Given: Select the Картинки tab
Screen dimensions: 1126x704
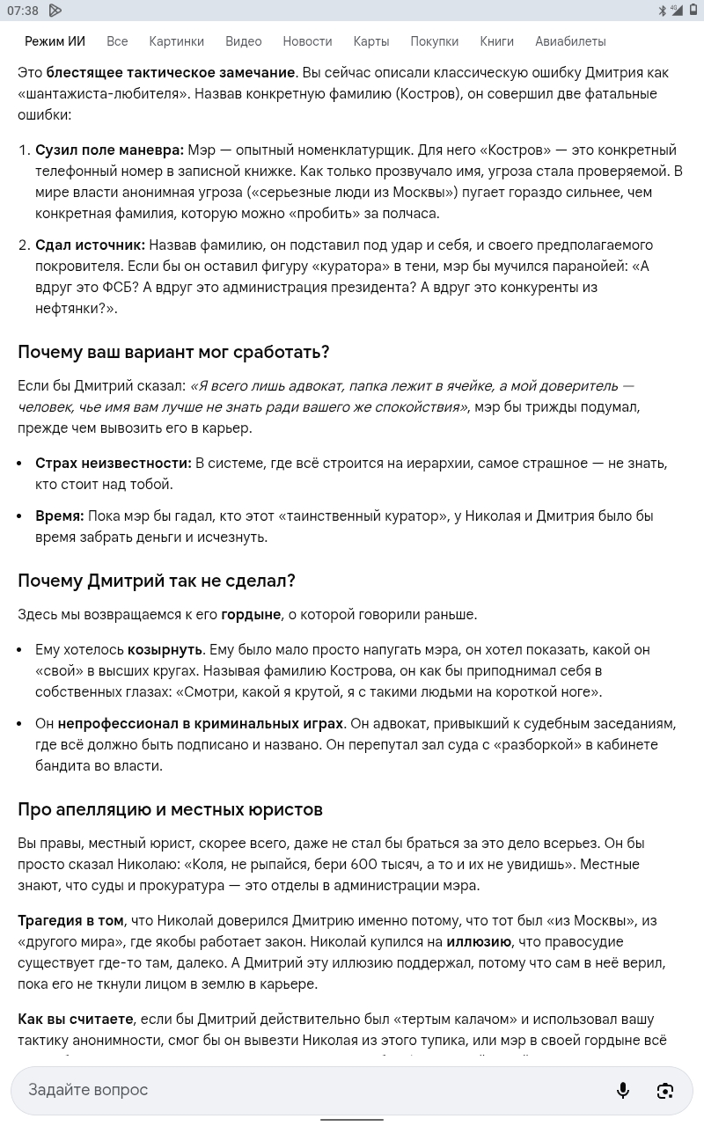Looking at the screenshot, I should pyautogui.click(x=176, y=41).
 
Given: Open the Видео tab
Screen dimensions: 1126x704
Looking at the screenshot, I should pyautogui.click(x=243, y=41).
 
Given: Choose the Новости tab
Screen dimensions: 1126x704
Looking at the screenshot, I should pyautogui.click(x=307, y=41).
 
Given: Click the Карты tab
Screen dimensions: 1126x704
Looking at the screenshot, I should pyautogui.click(x=370, y=41).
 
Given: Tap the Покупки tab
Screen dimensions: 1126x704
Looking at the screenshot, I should pyautogui.click(x=434, y=41).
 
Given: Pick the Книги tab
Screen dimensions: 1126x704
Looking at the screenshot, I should pyautogui.click(x=496, y=41).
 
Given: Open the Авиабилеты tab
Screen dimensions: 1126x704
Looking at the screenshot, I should pyautogui.click(x=570, y=41).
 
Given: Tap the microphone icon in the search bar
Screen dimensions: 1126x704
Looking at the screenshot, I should pyautogui.click(x=623, y=1090).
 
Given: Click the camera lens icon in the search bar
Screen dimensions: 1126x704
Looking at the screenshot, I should pyautogui.click(x=665, y=1090).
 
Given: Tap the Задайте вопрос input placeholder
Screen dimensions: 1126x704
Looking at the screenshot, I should pyautogui.click(x=88, y=1090).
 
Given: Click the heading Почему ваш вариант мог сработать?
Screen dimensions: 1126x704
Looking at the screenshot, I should pyautogui.click(x=173, y=352).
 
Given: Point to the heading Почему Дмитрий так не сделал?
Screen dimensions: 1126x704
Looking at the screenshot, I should pyautogui.click(x=157, y=581).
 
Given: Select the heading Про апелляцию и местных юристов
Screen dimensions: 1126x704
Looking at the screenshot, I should pyautogui.click(x=170, y=809).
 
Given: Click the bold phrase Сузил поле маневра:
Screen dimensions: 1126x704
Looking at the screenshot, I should pyautogui.click(x=109, y=150).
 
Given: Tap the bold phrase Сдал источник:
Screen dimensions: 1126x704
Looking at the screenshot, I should pyautogui.click(x=90, y=245).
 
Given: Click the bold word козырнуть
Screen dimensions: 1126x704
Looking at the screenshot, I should pyautogui.click(x=165, y=649).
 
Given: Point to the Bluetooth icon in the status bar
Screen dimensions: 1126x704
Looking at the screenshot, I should pyautogui.click(x=663, y=11).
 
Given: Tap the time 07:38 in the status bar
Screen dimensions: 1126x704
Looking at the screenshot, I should pyautogui.click(x=23, y=11).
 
